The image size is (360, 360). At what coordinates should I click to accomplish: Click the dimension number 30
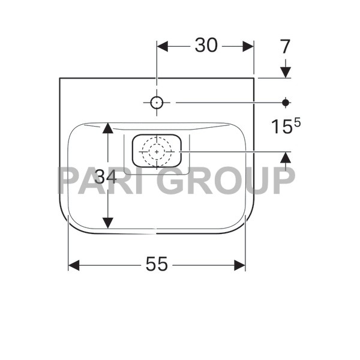point(206,46)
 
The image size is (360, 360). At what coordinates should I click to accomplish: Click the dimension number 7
point(285,45)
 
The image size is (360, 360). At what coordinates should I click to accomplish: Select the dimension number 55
point(157,264)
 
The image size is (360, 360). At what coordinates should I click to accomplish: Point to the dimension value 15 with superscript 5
point(284,127)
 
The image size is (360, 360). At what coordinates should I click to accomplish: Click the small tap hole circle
point(157,103)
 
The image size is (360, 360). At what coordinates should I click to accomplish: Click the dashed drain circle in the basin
point(157,151)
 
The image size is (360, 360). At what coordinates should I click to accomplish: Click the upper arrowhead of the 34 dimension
point(107,128)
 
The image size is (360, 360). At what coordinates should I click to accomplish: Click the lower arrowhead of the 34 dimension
point(107,223)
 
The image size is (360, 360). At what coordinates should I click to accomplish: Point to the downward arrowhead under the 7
point(286,71)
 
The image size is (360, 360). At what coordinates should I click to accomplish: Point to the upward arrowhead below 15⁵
point(286,158)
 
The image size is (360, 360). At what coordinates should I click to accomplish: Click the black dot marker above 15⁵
point(286,103)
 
